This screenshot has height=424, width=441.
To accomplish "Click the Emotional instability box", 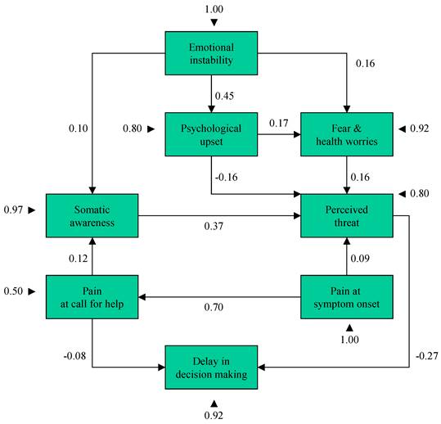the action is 211,53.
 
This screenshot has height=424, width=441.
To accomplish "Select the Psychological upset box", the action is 211,134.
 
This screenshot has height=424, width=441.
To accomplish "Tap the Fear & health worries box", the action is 347,134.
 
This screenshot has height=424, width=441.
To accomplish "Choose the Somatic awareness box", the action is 92,216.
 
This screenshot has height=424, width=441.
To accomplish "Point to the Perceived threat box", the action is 347,216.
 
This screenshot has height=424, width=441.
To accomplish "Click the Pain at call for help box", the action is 92,297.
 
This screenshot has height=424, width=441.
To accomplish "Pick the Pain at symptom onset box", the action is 347,297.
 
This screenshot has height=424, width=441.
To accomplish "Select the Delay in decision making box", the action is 211,368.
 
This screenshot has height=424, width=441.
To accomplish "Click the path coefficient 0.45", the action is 224,97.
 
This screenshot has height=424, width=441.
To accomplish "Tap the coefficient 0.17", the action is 279,124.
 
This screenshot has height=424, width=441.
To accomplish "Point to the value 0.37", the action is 214,226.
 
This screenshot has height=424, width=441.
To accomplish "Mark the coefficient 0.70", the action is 214,307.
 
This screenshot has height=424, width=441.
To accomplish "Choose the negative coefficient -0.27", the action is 427,356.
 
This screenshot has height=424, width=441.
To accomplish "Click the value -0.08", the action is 74,356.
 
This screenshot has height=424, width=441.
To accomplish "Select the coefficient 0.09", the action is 360,259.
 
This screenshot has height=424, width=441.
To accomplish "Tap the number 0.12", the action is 79,259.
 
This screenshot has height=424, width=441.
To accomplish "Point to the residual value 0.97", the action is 13,210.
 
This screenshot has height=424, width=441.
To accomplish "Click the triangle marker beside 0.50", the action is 31,291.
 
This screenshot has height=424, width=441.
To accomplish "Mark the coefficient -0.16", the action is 227,178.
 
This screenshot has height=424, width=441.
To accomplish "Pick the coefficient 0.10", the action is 79,129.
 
